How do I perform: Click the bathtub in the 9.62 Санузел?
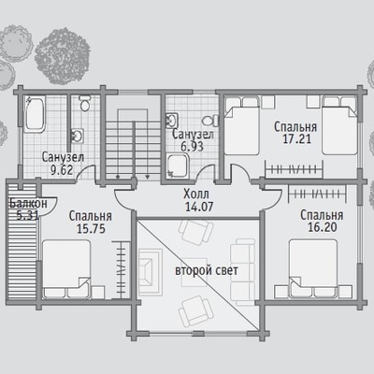(x=35, y=114)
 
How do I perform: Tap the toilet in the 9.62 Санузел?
(x=84, y=103)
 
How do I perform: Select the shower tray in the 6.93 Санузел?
(x=178, y=166)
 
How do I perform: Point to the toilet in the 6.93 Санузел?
(x=210, y=121)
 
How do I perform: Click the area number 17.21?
(x=296, y=139)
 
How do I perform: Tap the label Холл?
(x=196, y=194)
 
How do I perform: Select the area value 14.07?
(x=199, y=207)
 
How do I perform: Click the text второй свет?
(x=207, y=270)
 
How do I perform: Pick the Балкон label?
(x=28, y=204)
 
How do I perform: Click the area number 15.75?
(x=91, y=229)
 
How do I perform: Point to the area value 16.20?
(x=323, y=227)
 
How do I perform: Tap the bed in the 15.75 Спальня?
(x=66, y=268)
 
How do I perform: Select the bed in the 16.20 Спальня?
(x=313, y=268)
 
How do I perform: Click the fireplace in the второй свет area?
(x=151, y=272)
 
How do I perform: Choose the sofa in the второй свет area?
(x=243, y=272)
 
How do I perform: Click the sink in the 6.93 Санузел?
(x=171, y=121)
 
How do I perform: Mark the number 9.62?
(x=62, y=170)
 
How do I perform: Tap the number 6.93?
(x=192, y=147)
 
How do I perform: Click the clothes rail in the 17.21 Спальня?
(x=294, y=169)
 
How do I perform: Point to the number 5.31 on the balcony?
(x=28, y=215)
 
